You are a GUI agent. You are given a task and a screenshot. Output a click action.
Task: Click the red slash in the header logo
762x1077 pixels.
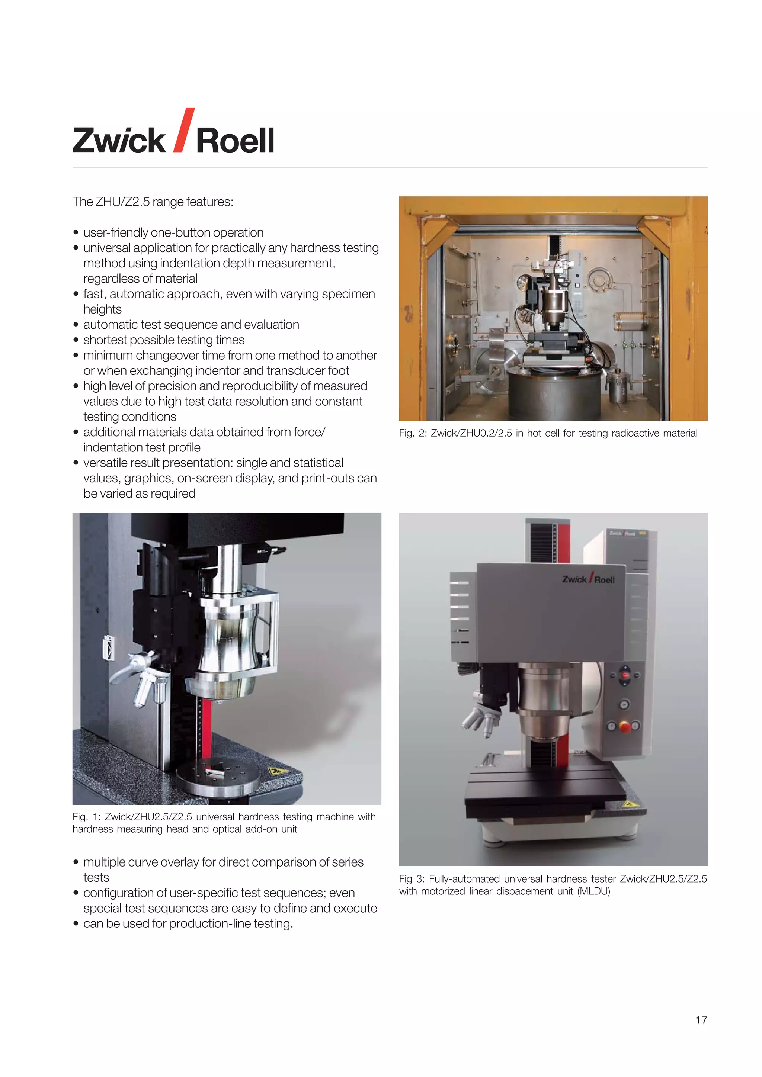coord(184,131)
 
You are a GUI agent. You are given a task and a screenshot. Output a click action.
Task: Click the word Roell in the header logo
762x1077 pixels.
coord(235,141)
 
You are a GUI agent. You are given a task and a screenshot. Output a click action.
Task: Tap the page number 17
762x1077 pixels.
coord(701,1020)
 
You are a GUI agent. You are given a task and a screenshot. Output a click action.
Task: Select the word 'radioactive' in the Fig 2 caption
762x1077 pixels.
coord(633,433)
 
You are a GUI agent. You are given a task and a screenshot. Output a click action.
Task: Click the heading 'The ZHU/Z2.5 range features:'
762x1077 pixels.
coord(153,202)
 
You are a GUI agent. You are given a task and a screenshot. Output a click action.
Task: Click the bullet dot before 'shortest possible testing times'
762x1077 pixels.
coord(76,340)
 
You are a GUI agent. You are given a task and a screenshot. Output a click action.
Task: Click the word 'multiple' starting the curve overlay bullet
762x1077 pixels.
coord(104,862)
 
